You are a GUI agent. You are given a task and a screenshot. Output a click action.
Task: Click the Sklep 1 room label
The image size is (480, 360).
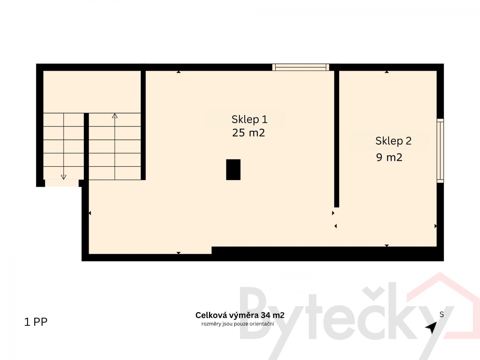249,120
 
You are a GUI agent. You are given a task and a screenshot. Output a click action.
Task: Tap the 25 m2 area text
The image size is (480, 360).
248,133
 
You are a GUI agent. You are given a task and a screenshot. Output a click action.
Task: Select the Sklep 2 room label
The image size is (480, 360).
393,141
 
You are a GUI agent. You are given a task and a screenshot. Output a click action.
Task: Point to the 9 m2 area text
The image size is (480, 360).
389,157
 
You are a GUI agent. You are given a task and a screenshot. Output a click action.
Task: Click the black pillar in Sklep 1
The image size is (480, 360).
233,169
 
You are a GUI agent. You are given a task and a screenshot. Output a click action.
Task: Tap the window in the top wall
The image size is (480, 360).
301,67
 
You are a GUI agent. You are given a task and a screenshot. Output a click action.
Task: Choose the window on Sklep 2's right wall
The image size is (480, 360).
440,151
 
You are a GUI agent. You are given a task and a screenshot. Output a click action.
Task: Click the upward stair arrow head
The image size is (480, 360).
115,115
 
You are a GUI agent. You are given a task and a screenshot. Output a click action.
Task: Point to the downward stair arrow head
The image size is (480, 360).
64,177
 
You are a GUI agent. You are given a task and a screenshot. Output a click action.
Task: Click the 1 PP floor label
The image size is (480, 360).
36,322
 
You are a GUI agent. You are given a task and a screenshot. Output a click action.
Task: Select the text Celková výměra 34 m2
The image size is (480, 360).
240,315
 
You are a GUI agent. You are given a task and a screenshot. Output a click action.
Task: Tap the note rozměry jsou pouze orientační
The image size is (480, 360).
238,324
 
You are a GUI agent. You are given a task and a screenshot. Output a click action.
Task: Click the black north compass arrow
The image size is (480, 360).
431,327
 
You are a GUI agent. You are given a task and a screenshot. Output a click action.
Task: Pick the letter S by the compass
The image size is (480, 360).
442,314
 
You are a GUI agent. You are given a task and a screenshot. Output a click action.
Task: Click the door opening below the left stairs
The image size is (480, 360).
62,183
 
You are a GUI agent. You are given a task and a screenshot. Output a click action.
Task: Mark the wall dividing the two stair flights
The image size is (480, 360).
86,146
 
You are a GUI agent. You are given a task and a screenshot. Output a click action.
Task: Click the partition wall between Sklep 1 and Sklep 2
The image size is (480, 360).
337,139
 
